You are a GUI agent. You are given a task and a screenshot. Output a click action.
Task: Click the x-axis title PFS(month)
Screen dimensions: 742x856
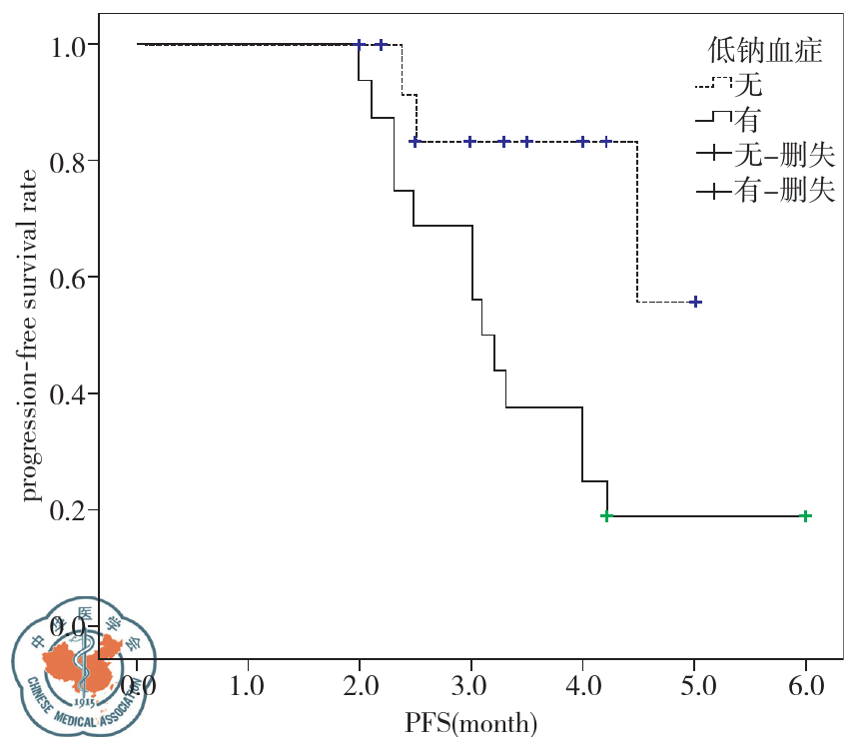[x=471, y=721]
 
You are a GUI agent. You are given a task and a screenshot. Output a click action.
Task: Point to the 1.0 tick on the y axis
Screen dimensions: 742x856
[x=69, y=45]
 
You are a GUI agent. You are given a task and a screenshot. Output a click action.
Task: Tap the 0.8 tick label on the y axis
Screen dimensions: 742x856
[x=69, y=161]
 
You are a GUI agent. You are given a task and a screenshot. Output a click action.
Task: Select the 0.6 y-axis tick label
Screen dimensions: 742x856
[x=69, y=278]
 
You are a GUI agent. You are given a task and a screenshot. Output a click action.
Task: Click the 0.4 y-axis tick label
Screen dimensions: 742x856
[x=69, y=393]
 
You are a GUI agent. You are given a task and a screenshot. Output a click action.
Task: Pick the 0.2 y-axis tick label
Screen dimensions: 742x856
[x=69, y=510]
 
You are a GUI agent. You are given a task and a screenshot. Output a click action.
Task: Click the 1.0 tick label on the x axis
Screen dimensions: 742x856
[x=247, y=687]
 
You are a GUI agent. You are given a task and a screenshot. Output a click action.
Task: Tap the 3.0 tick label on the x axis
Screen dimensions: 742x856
[x=470, y=687]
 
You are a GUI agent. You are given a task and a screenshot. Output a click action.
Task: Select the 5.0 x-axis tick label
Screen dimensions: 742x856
[x=695, y=687]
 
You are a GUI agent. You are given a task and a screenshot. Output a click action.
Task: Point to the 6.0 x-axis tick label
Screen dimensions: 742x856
[x=806, y=687]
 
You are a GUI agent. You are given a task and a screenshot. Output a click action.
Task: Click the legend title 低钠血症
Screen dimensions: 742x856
[x=765, y=51]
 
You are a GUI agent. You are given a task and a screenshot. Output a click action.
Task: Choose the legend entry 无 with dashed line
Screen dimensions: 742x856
[x=745, y=87]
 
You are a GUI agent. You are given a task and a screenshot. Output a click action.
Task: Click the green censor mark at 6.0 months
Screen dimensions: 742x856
[x=806, y=516]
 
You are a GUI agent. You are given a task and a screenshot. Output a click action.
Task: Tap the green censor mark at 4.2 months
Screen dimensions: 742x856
[x=606, y=516]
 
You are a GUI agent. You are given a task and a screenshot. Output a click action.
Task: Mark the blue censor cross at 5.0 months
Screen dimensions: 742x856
[x=696, y=302]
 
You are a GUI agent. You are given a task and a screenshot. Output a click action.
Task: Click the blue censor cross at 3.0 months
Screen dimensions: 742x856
[x=470, y=142]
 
